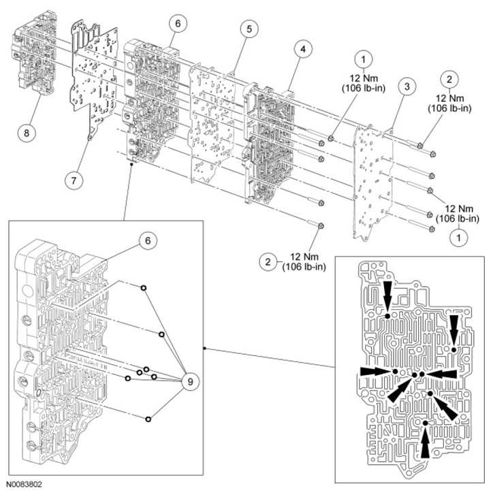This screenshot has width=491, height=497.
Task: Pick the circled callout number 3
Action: click(x=407, y=86)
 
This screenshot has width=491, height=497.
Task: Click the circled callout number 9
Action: click(x=190, y=381)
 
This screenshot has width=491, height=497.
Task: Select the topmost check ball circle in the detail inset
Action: click(x=144, y=289)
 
